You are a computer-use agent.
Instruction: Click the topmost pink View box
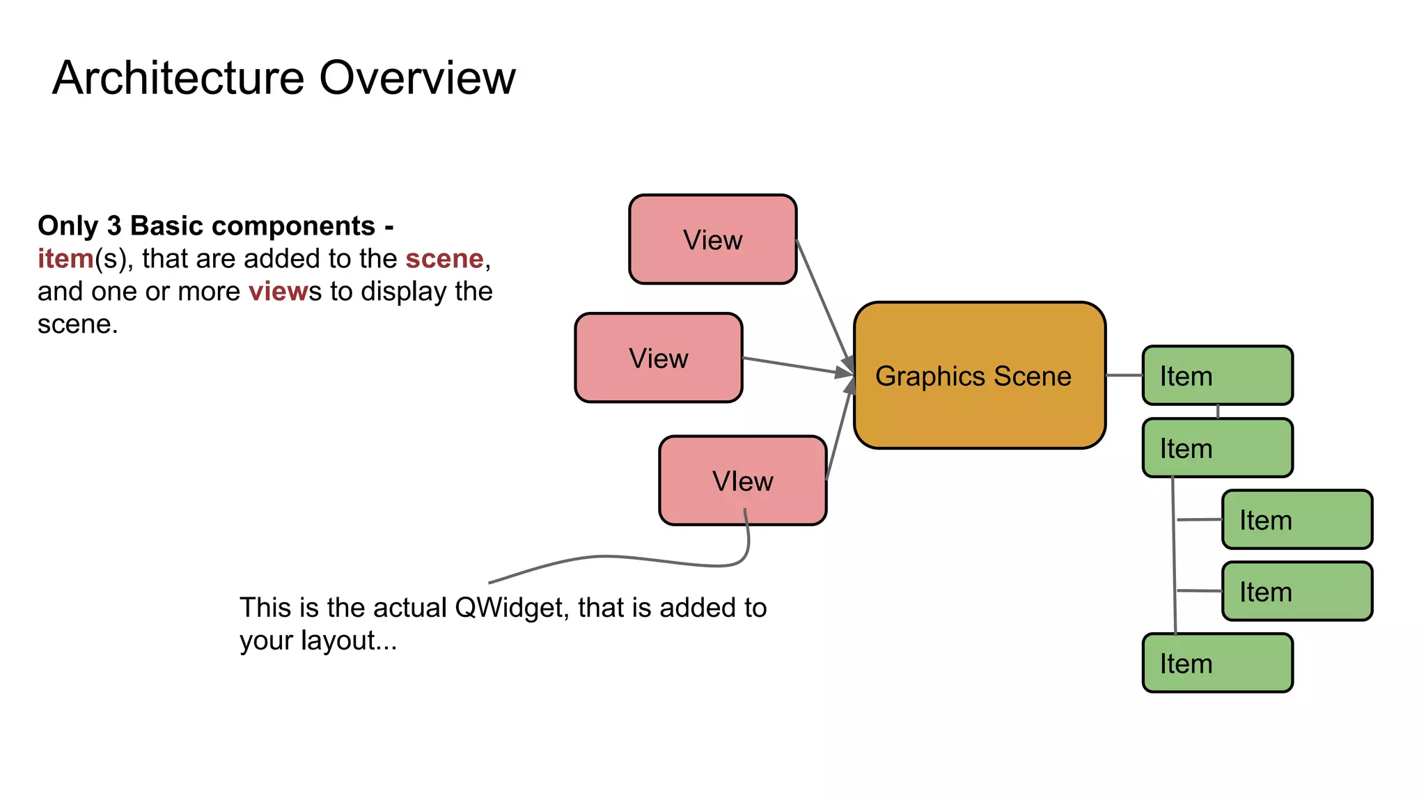[712, 239]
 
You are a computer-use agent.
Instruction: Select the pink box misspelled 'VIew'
[742, 480]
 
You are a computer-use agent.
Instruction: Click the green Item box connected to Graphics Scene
[1217, 376]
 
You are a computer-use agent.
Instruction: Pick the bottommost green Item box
[1217, 663]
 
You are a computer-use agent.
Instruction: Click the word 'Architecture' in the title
[178, 77]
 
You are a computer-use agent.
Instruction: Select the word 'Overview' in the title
[417, 77]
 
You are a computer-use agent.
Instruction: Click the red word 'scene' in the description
[444, 258]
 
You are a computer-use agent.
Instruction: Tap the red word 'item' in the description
[65, 258]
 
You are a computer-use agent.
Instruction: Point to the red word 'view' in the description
[278, 291]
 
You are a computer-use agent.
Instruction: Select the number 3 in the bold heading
[114, 226]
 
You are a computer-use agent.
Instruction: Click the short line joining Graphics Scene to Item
[1124, 375]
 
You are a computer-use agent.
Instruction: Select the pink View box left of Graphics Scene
[658, 358]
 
